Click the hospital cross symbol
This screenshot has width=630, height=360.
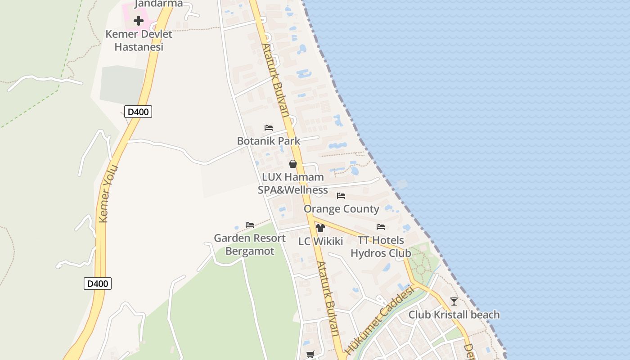tap(139, 20)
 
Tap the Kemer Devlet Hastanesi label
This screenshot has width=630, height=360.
tap(139, 40)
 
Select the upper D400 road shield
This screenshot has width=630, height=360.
tap(138, 112)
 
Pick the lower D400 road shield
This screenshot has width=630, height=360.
tap(98, 283)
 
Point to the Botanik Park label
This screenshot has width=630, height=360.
tap(269, 141)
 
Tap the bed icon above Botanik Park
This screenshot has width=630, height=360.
tap(269, 128)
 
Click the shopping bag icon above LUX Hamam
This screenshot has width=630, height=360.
tap(293, 164)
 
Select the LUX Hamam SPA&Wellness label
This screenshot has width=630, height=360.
tap(293, 184)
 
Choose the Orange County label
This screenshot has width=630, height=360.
tap(342, 209)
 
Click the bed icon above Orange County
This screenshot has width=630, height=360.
tap(341, 196)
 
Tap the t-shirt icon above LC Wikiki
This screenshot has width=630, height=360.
tap(320, 228)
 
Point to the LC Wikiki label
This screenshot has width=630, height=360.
tap(321, 241)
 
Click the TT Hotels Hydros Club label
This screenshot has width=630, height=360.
tap(381, 247)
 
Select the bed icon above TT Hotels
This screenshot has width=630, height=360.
tap(381, 227)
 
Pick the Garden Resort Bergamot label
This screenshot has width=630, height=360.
tap(250, 244)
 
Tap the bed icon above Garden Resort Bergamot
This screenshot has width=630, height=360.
tap(250, 225)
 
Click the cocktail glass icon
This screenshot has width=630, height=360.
tap(454, 301)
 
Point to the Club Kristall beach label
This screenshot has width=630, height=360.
tap(454, 315)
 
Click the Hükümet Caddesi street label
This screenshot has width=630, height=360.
tap(379, 321)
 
